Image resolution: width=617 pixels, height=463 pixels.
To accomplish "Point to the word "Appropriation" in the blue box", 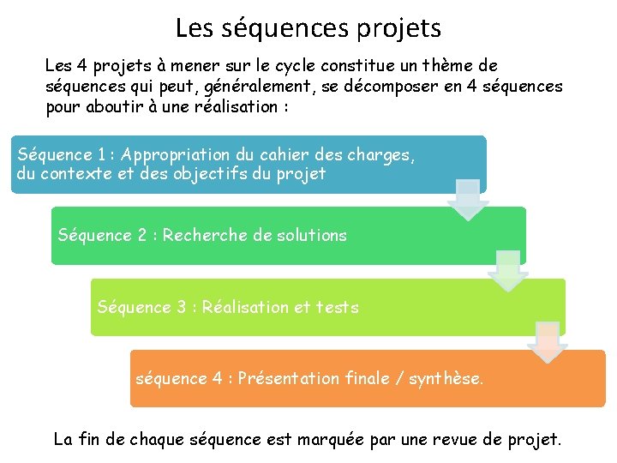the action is tap(175, 155).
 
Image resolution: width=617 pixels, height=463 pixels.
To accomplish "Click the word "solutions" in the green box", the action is tap(313, 235).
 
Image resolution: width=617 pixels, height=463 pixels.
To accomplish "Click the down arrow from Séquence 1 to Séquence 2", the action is tap(467, 200).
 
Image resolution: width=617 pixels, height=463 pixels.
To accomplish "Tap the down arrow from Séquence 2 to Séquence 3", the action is tap(507, 271).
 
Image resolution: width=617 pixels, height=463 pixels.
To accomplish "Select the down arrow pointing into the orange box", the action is tap(548, 342).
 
